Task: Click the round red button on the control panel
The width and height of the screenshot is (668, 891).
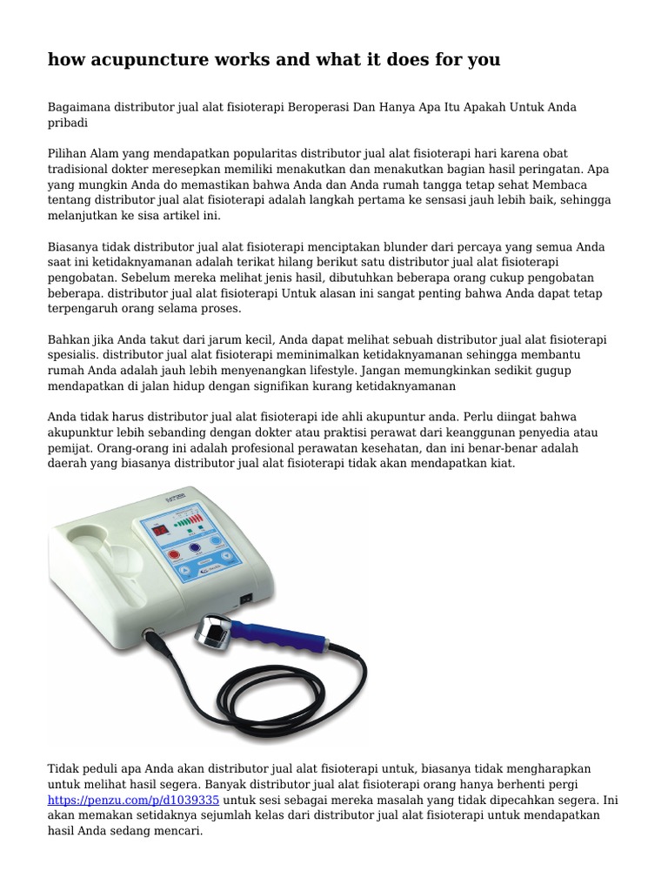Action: (173, 553)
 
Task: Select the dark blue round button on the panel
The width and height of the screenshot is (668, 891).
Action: (207, 548)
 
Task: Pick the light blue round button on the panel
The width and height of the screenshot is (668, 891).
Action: (235, 544)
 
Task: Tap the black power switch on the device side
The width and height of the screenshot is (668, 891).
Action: (246, 598)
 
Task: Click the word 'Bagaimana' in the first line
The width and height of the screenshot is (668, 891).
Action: (77, 107)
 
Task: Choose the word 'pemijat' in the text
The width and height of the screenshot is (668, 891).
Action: (69, 448)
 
